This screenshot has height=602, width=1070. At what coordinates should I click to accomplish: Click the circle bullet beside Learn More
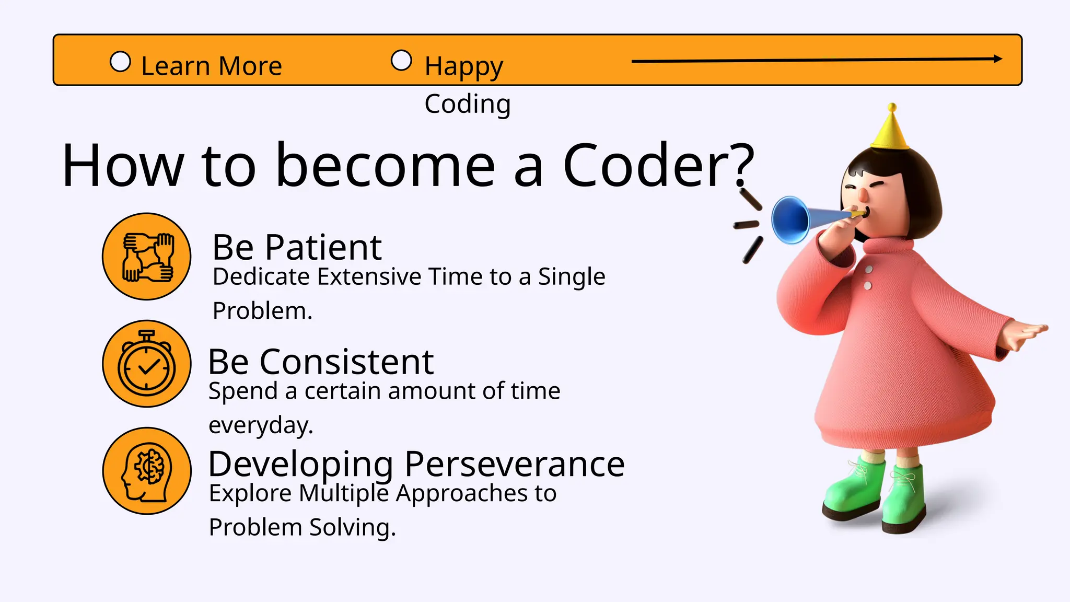[x=120, y=62]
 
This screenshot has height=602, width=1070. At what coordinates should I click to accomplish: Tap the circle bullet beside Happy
[x=401, y=60]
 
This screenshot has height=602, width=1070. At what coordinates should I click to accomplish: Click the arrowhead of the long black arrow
[x=997, y=59]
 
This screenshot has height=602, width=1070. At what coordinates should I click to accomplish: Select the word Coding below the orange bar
[x=467, y=104]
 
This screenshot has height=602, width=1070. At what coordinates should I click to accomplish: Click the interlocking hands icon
[x=147, y=257]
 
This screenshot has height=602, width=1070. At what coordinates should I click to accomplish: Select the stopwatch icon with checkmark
[x=147, y=364]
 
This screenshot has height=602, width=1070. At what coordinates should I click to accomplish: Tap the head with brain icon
[x=147, y=471]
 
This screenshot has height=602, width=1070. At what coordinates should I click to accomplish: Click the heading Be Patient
[x=297, y=247]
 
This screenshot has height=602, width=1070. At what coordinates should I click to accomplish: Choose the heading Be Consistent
[x=321, y=362]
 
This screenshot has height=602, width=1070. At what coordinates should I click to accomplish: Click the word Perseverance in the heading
[x=515, y=464]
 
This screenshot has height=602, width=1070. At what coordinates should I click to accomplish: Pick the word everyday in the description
[x=260, y=425]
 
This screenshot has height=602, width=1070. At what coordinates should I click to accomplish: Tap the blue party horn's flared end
[x=790, y=219]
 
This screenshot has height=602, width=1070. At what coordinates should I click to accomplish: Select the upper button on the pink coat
[x=869, y=269]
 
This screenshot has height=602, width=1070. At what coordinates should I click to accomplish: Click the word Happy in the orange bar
[x=464, y=66]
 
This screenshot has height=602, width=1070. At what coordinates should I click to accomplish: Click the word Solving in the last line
[x=352, y=527]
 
